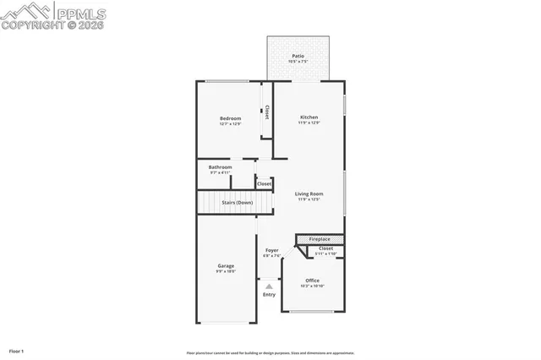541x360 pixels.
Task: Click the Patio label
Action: point(298,56)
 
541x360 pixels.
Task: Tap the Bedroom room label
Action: point(231,118)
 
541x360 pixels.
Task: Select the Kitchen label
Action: point(309,117)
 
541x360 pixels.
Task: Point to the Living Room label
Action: point(309,194)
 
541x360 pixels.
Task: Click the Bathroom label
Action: point(221,166)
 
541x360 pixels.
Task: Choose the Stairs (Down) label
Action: point(238,203)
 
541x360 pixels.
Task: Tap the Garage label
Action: point(226,266)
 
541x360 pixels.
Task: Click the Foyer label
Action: point(272,250)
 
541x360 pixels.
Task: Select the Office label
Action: point(313,280)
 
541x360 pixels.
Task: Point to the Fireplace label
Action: point(320,239)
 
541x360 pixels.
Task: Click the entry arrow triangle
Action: point(269,287)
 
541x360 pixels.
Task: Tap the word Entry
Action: point(269,295)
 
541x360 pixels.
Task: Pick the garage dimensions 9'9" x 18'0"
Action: point(226,272)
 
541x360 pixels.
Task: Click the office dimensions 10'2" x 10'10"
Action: point(313,286)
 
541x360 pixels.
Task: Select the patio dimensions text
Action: point(298,62)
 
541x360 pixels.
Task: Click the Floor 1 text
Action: point(17,350)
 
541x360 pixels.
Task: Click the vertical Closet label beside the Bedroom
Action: point(267,112)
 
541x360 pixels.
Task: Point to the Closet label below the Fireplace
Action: point(325,248)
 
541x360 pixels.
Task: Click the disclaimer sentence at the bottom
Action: point(270,353)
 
